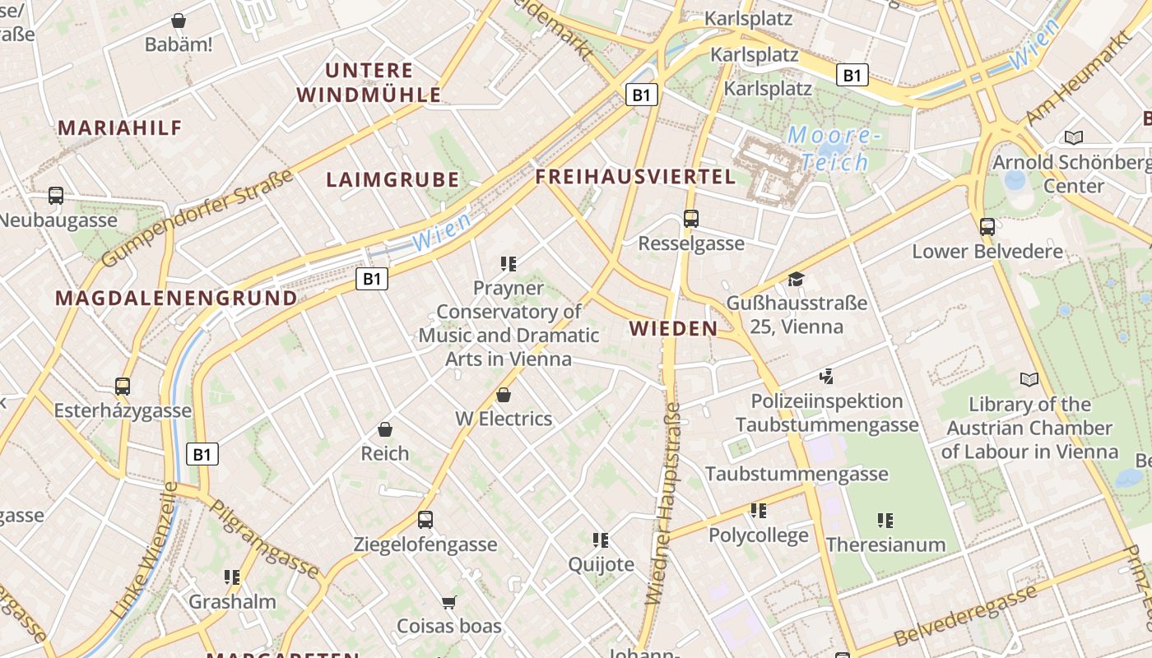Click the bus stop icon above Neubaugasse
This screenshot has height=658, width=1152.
pos(56,196)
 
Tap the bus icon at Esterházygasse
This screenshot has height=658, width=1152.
pos(123,386)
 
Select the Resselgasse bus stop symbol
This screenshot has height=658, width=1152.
pos(691,219)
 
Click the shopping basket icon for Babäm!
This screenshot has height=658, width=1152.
pos(179,21)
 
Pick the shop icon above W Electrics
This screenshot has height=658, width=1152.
pos(504,396)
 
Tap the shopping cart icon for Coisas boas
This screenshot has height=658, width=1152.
pos(448,603)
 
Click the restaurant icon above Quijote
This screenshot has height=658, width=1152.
pos(601,540)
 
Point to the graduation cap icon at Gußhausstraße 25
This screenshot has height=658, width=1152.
pos(796,280)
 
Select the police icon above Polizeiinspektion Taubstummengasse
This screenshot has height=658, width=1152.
pos(827,378)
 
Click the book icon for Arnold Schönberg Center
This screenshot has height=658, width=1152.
pos(1073,137)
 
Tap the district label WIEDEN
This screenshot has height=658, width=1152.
pos(673,329)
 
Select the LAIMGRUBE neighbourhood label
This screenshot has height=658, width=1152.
pos(393,180)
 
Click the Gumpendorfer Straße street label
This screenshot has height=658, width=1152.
pos(197,219)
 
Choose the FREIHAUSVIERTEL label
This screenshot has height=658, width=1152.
pos(635,177)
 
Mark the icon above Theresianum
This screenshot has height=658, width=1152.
pos(885,520)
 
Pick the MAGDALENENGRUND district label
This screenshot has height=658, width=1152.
pos(176,298)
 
